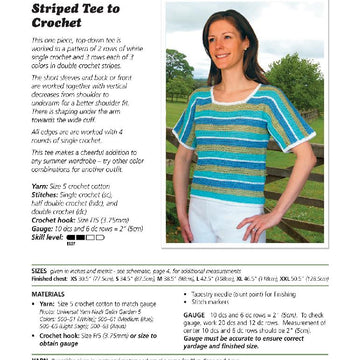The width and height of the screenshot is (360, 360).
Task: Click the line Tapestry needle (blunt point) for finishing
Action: [x=241, y=295]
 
